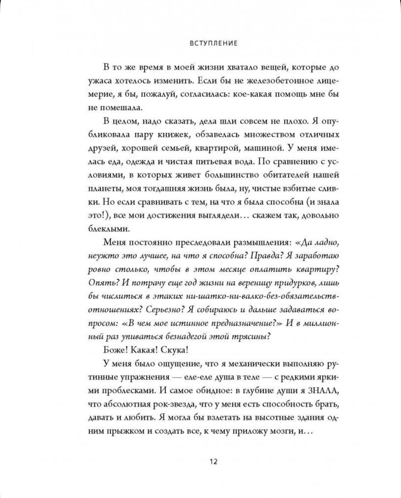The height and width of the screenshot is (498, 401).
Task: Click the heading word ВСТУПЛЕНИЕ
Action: pyautogui.click(x=213, y=43)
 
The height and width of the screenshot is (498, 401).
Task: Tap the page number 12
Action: pyautogui.click(x=213, y=461)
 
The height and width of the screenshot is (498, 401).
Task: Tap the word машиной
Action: pyautogui.click(x=264, y=148)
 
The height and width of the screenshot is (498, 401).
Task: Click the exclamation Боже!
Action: pyautogui.click(x=115, y=350)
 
